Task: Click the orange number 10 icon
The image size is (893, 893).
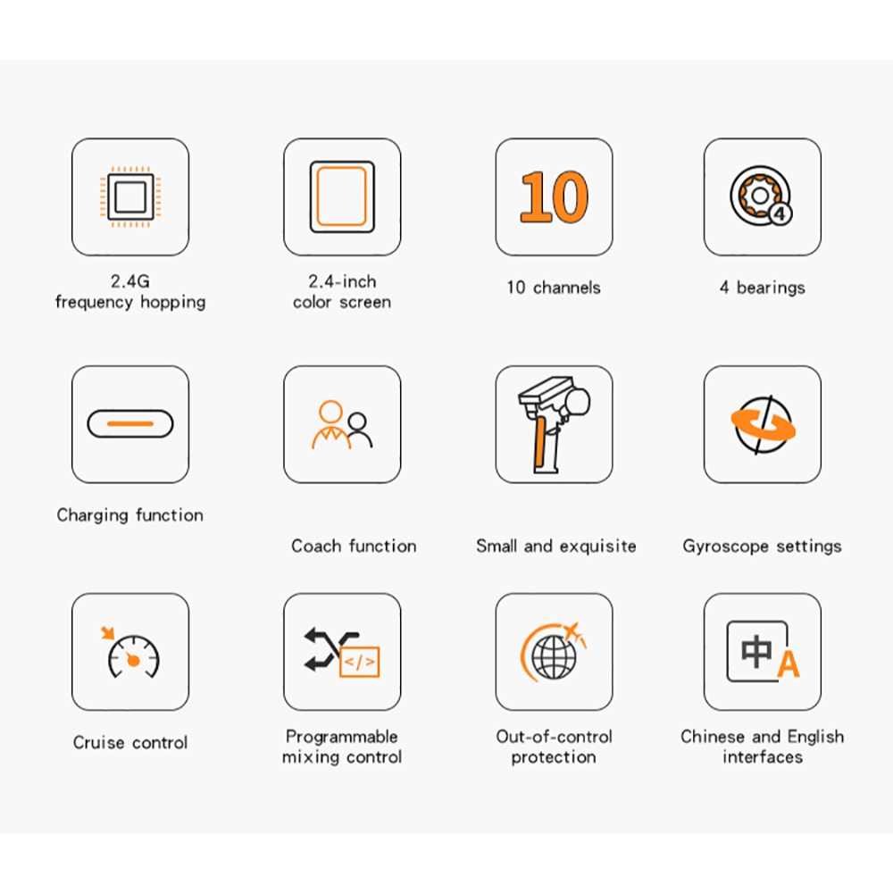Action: coord(555,196)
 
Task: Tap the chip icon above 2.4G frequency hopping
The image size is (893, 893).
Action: coord(130,197)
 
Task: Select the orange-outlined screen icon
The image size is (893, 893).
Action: coord(342,196)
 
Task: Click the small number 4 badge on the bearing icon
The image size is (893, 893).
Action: coord(780,214)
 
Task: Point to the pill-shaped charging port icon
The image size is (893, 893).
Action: coord(130,423)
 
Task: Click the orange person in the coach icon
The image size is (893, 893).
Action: coord(330,424)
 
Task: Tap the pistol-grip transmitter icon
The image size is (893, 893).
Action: coord(553,424)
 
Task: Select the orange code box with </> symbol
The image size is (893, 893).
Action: coord(359,661)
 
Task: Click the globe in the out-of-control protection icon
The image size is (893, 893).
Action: coord(555,656)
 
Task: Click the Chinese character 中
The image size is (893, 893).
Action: coord(756,651)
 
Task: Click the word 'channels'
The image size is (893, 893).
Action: coord(567,288)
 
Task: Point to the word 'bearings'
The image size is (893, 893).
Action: coord(771,288)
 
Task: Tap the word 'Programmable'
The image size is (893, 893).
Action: coord(342,737)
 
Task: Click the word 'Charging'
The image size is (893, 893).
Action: coord(92,515)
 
